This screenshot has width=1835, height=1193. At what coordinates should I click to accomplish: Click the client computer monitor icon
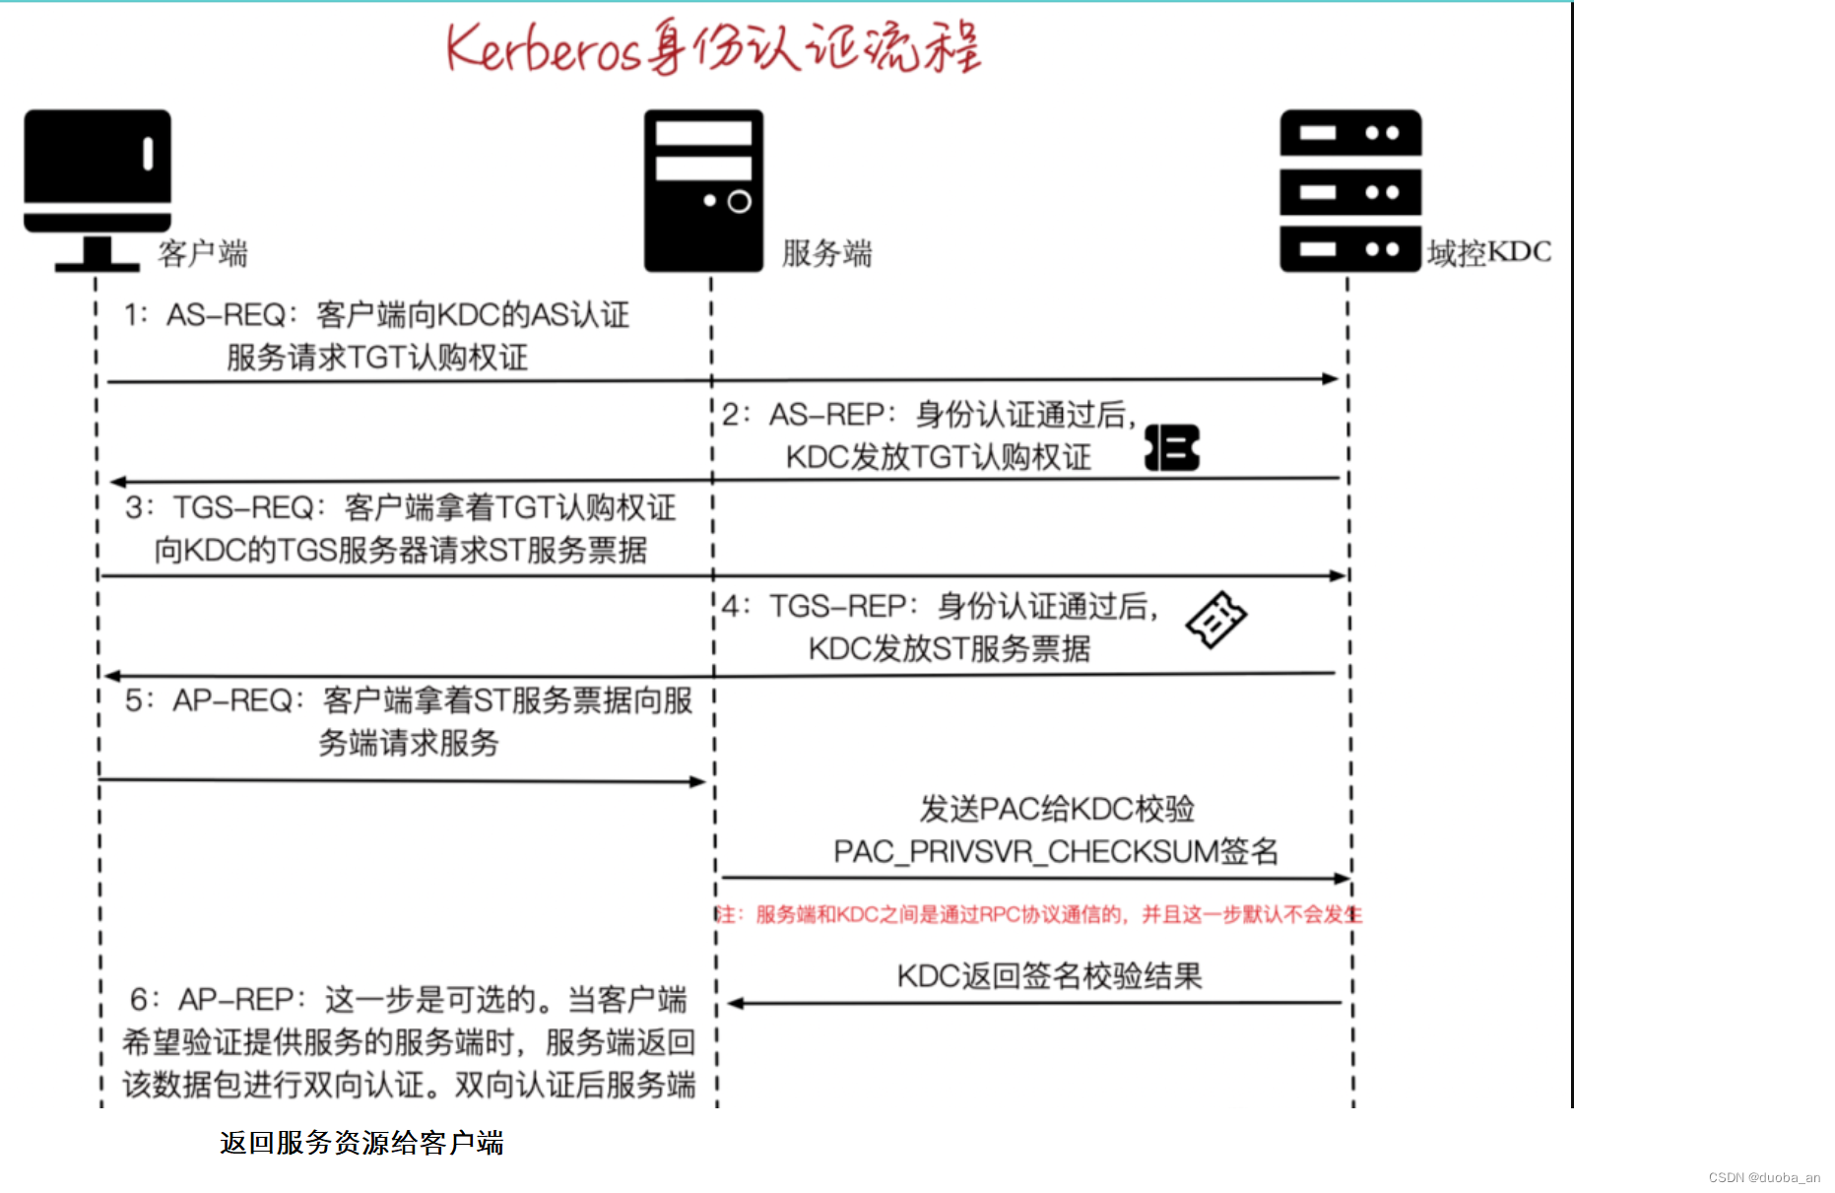[98, 187]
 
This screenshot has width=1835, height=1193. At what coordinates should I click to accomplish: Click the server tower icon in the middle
[703, 190]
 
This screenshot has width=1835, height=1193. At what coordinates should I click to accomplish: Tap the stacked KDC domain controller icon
[1350, 190]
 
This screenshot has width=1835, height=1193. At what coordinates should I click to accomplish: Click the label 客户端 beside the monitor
[203, 254]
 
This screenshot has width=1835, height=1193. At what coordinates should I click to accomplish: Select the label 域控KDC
[1489, 253]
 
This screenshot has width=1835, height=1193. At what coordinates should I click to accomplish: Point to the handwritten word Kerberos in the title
[544, 49]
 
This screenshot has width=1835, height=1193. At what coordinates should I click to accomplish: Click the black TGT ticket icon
[1172, 447]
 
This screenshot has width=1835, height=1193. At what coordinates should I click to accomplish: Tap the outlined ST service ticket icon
[1216, 619]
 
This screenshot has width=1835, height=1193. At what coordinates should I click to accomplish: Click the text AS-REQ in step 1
[226, 315]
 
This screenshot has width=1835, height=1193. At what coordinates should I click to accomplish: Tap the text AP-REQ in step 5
[232, 701]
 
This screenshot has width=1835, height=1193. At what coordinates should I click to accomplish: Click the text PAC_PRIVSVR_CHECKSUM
[1024, 852]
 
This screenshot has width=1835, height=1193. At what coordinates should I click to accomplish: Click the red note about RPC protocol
[1039, 915]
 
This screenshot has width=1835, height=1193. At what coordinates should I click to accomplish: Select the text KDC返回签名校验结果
[1049, 976]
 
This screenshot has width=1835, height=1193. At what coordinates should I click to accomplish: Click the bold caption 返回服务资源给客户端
[361, 1143]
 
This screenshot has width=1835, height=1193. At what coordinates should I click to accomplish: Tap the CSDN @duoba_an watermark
[1764, 1178]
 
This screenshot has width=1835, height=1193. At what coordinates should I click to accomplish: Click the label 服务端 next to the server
[826, 254]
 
